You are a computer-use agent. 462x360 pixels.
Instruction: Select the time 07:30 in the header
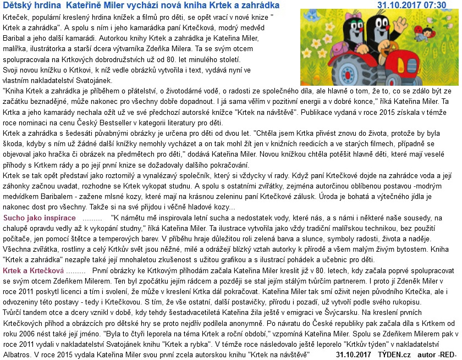pyautogui.click(x=435, y=5)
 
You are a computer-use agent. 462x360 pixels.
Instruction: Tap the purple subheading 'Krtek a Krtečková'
pyautogui.click(x=33, y=272)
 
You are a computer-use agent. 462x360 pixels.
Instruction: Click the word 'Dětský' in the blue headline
pyautogui.click(x=17, y=5)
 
